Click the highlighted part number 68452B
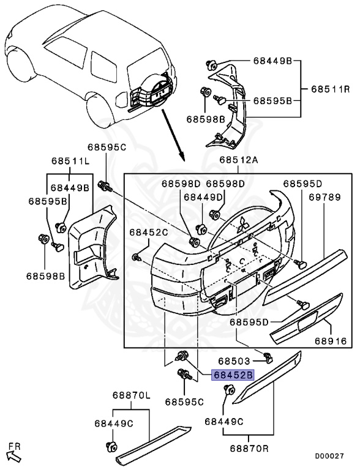[233, 375]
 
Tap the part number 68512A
[239, 160]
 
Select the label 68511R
[330, 89]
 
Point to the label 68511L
[70, 161]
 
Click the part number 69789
[325, 197]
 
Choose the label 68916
[331, 341]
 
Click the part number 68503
[234, 360]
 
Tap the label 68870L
[132, 395]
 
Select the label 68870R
[249, 448]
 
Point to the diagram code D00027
[329, 456]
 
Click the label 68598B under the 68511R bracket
[206, 119]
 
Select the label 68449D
[203, 197]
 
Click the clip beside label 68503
[268, 357]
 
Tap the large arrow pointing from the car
[173, 134]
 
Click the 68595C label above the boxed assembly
[107, 147]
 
